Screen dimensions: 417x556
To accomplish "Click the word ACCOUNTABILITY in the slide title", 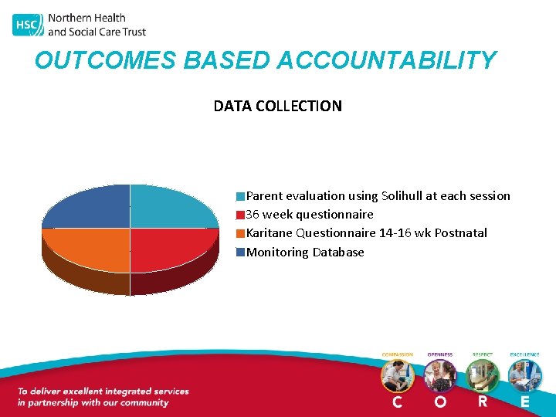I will click(386, 60).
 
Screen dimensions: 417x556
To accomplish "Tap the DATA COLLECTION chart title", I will click(277, 106).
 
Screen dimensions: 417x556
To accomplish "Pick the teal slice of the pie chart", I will click(171, 207).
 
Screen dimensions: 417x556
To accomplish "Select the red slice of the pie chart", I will click(171, 249).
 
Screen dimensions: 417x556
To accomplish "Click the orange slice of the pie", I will click(87, 249).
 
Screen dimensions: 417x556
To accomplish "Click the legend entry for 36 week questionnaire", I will click(309, 215).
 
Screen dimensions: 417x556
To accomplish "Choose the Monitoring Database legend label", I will click(305, 253).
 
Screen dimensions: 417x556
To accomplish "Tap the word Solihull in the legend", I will click(404, 196).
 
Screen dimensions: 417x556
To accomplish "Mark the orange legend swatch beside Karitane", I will click(241, 233).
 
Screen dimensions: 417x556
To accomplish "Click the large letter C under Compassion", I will click(397, 402).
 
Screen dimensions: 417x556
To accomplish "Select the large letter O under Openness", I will click(439, 402).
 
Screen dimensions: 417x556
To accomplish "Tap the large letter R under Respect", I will click(483, 402).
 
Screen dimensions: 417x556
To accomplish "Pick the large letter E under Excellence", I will click(525, 402).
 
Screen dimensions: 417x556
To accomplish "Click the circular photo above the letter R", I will click(483, 376).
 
